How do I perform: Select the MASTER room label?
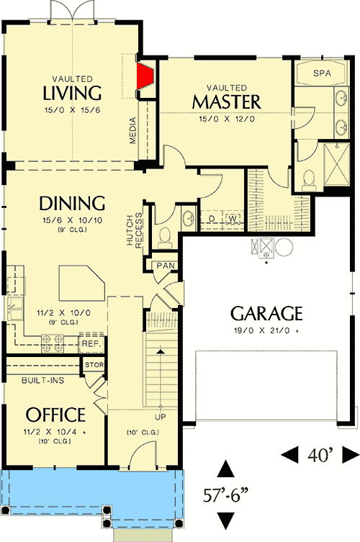click(x=226, y=101)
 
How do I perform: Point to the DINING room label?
click(x=72, y=202)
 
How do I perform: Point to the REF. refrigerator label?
click(x=90, y=345)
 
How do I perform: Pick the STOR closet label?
click(x=94, y=365)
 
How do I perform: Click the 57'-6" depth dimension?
click(x=226, y=496)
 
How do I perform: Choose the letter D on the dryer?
click(x=212, y=218)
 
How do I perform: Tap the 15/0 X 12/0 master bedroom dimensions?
click(x=226, y=119)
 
